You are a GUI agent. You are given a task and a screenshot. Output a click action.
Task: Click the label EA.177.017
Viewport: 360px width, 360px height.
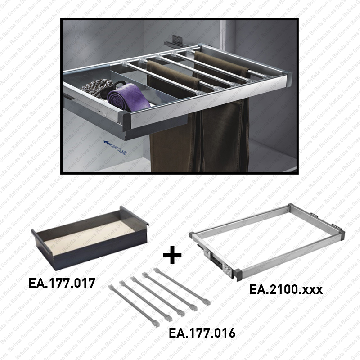coord(62,283)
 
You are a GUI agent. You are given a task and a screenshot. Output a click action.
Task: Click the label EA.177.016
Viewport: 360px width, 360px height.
coord(202,333)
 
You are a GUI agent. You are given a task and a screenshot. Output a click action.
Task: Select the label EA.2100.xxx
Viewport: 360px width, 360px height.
coord(286,289)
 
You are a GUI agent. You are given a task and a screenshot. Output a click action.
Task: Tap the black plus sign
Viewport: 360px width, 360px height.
coord(172,255)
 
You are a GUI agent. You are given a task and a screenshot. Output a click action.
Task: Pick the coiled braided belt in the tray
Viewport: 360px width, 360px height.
coord(99,87)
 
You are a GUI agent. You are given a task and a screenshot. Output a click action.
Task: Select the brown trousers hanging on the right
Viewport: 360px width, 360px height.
coord(225,130)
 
